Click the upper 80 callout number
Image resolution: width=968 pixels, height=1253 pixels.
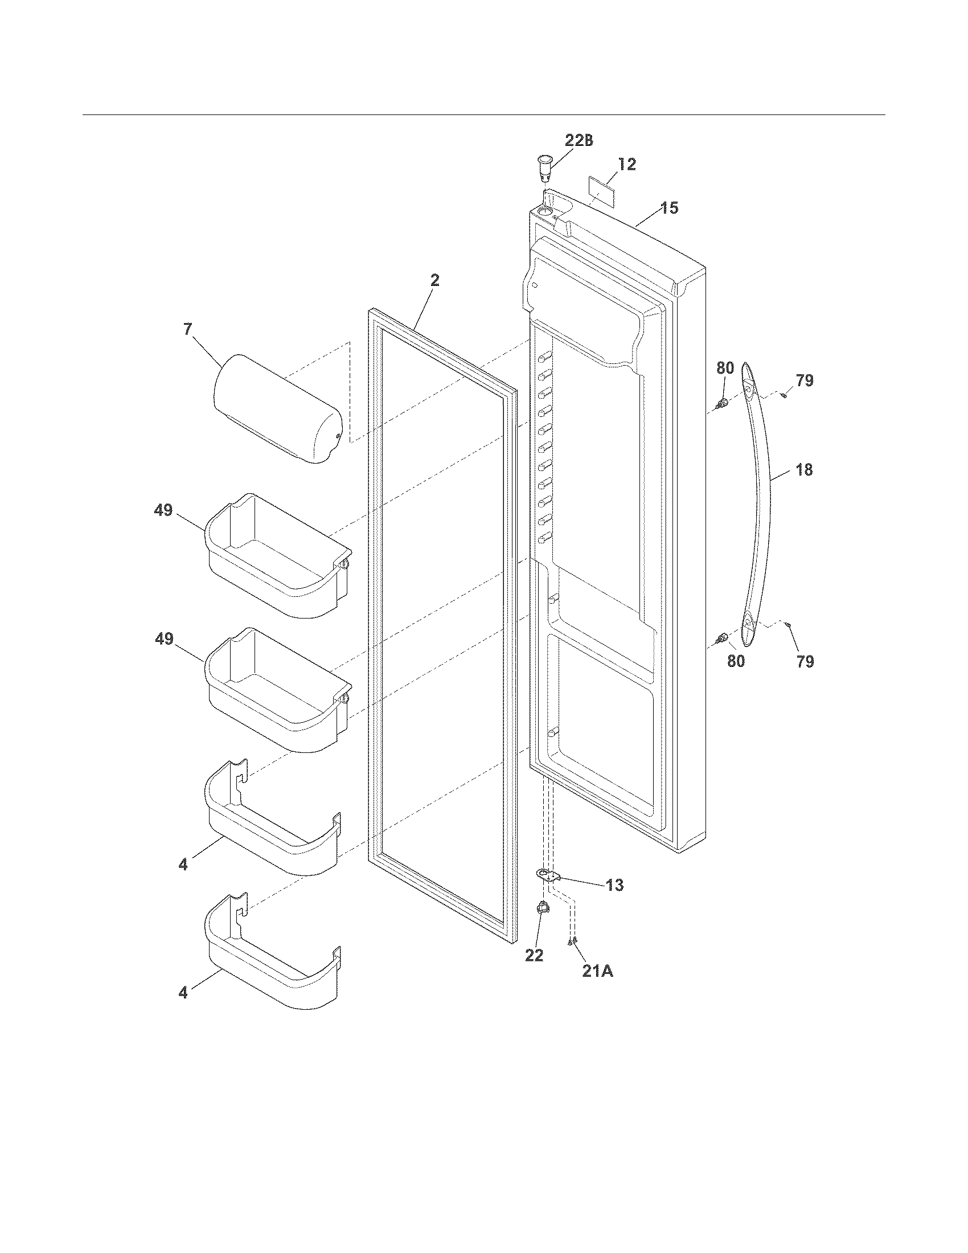725,368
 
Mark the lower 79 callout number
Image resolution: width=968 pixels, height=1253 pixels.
805,661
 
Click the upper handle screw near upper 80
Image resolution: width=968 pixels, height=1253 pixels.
723,403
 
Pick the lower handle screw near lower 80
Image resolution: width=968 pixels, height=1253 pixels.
723,637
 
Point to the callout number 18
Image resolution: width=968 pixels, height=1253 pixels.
805,470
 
